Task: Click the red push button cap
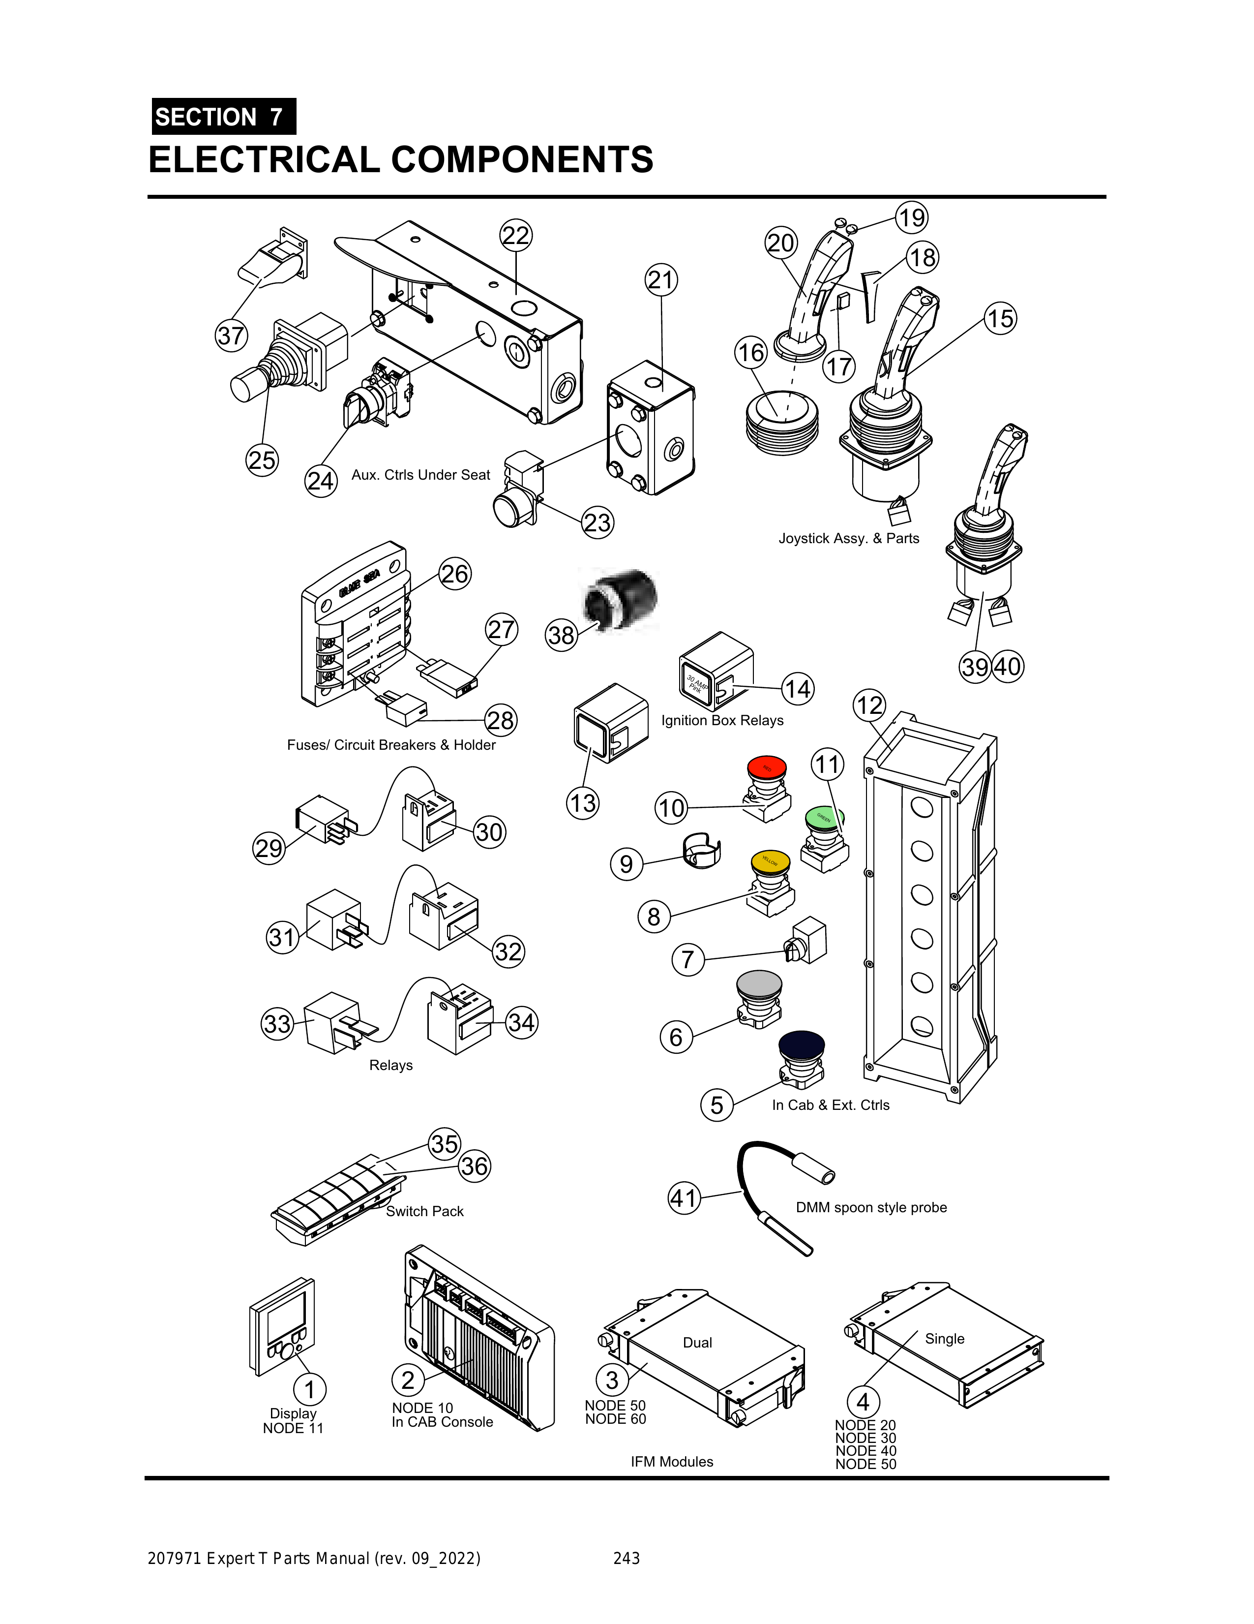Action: click(x=766, y=767)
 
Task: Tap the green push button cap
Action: click(x=824, y=817)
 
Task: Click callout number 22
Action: click(x=516, y=236)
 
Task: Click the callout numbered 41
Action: click(x=684, y=1198)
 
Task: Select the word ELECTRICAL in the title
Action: click(x=264, y=160)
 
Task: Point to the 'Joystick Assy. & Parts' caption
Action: click(x=848, y=538)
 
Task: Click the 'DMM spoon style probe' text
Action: click(x=871, y=1208)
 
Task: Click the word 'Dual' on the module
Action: click(x=697, y=1342)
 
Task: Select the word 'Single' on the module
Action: click(x=945, y=1339)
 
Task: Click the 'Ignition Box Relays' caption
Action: click(x=722, y=721)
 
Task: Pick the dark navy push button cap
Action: click(x=801, y=1045)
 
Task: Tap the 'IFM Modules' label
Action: click(x=672, y=1462)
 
